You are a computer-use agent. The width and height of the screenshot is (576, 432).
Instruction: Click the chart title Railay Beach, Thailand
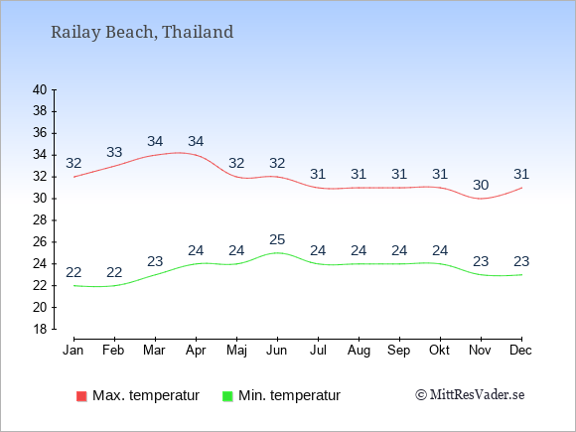click(x=142, y=32)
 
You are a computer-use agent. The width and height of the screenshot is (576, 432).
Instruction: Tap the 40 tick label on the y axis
click(x=40, y=89)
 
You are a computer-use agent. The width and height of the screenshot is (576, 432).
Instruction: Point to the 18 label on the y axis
click(x=40, y=329)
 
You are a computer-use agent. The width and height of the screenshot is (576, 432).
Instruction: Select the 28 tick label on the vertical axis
click(x=40, y=220)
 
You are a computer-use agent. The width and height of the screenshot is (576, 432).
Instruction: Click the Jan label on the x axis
click(x=73, y=351)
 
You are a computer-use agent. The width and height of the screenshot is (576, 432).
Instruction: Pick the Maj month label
click(x=236, y=351)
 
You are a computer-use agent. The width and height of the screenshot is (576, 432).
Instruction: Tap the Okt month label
click(x=439, y=351)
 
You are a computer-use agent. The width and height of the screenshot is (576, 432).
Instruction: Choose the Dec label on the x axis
click(x=521, y=351)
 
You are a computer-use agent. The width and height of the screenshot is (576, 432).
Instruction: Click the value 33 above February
click(x=114, y=152)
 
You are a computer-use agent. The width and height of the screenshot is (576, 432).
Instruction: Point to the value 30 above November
click(x=481, y=185)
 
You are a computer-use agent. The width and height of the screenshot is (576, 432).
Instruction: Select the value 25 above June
click(x=277, y=239)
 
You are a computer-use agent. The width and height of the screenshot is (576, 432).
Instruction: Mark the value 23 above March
click(x=155, y=261)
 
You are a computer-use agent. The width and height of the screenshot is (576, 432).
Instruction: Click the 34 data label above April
click(x=196, y=141)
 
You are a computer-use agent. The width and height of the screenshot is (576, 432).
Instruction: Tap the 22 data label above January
click(x=73, y=272)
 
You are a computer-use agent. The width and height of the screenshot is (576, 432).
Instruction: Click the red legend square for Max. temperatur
click(x=81, y=396)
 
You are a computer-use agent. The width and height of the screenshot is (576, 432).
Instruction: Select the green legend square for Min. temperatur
click(x=227, y=396)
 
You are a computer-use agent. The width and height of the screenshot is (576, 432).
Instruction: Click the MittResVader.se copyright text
click(x=470, y=395)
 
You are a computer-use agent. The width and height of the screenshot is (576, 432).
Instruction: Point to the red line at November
click(x=481, y=199)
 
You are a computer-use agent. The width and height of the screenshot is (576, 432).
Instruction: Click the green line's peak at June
click(x=277, y=252)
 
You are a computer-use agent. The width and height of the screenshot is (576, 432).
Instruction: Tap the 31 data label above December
click(x=521, y=174)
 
